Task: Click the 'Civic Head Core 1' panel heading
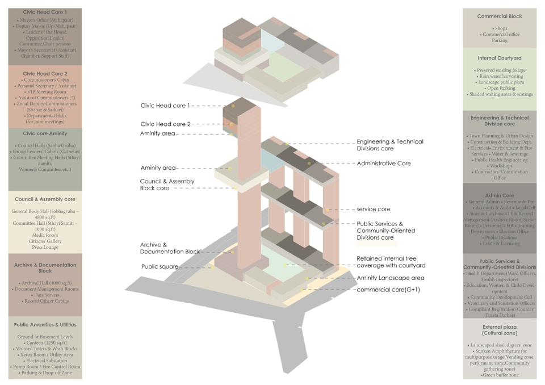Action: (45, 12)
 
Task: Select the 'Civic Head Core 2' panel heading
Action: (45, 73)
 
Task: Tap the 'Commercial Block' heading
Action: (499, 16)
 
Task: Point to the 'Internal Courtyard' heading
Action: (499, 58)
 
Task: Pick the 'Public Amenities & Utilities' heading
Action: (45, 325)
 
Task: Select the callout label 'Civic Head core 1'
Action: (165, 106)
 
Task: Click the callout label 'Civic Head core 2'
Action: (165, 124)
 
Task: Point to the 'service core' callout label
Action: (374, 210)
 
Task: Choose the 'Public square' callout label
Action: (160, 266)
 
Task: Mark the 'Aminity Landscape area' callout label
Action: (391, 278)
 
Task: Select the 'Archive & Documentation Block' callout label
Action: (170, 248)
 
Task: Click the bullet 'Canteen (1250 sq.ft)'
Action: (45, 343)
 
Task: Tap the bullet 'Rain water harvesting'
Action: (500, 76)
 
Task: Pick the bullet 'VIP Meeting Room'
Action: (46, 91)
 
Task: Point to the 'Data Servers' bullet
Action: (46, 295)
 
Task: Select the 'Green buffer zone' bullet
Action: (500, 375)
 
